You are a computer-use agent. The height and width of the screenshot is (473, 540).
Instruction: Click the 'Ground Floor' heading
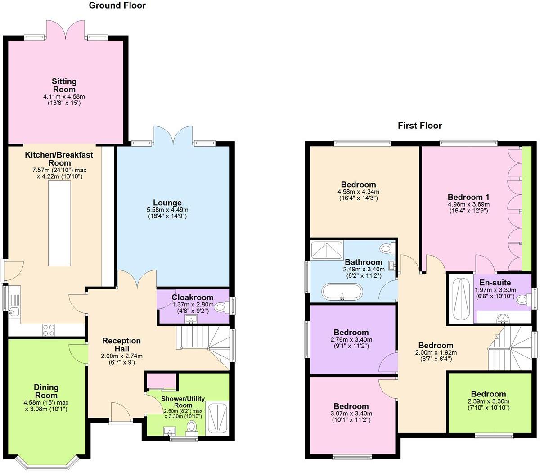(117, 5)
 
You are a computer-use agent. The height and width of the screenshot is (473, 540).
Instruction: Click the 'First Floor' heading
(419, 126)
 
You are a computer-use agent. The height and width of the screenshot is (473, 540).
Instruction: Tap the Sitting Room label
(64, 86)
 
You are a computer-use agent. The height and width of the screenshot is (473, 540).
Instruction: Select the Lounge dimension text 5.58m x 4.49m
(167, 210)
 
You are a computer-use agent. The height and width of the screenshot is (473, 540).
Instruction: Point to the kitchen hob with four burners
(49, 330)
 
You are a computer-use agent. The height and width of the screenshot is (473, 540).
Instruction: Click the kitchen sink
(13, 311)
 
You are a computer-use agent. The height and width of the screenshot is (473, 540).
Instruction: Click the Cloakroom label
(192, 297)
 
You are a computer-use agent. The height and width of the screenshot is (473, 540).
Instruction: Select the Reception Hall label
(121, 345)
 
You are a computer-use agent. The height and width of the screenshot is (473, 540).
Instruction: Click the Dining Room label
(46, 392)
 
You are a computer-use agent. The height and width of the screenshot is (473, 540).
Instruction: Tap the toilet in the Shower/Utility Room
(192, 427)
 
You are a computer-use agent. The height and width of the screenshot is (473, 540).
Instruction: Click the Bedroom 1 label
(468, 197)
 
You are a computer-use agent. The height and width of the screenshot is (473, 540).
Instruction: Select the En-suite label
(495, 283)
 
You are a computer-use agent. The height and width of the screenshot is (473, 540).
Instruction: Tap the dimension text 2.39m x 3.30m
(488, 401)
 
